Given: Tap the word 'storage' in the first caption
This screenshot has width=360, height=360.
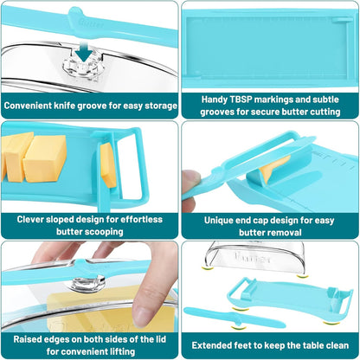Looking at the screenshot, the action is pyautogui.click(x=161, y=106).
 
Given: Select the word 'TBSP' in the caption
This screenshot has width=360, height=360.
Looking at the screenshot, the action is pyautogui.click(x=241, y=100).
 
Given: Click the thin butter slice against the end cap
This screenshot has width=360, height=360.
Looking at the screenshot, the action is pyautogui.click(x=108, y=165).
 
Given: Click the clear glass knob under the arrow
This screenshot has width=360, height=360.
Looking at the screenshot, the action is pyautogui.click(x=83, y=67).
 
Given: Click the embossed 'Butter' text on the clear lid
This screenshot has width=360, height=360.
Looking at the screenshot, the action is pyautogui.click(x=253, y=257).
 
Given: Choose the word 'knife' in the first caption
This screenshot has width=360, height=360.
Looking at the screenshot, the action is pyautogui.click(x=65, y=106).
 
